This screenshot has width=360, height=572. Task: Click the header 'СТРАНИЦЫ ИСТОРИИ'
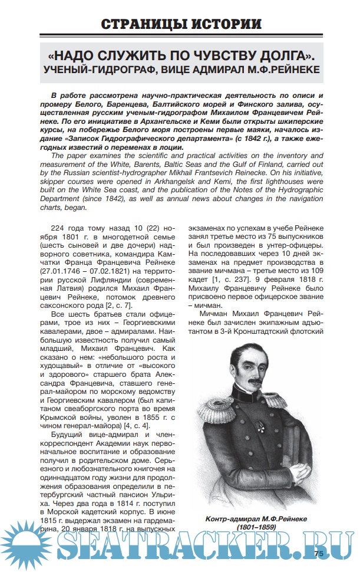coord(180,25)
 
